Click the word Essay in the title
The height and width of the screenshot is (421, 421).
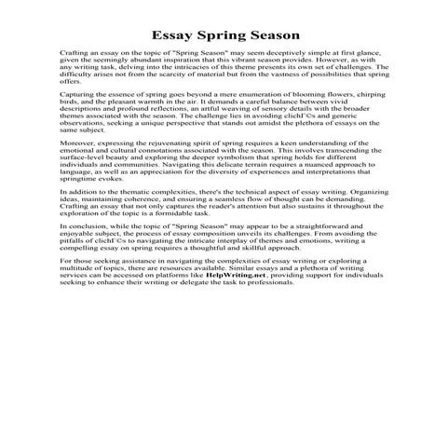(170, 35)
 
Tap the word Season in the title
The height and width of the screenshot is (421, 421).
(270, 35)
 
